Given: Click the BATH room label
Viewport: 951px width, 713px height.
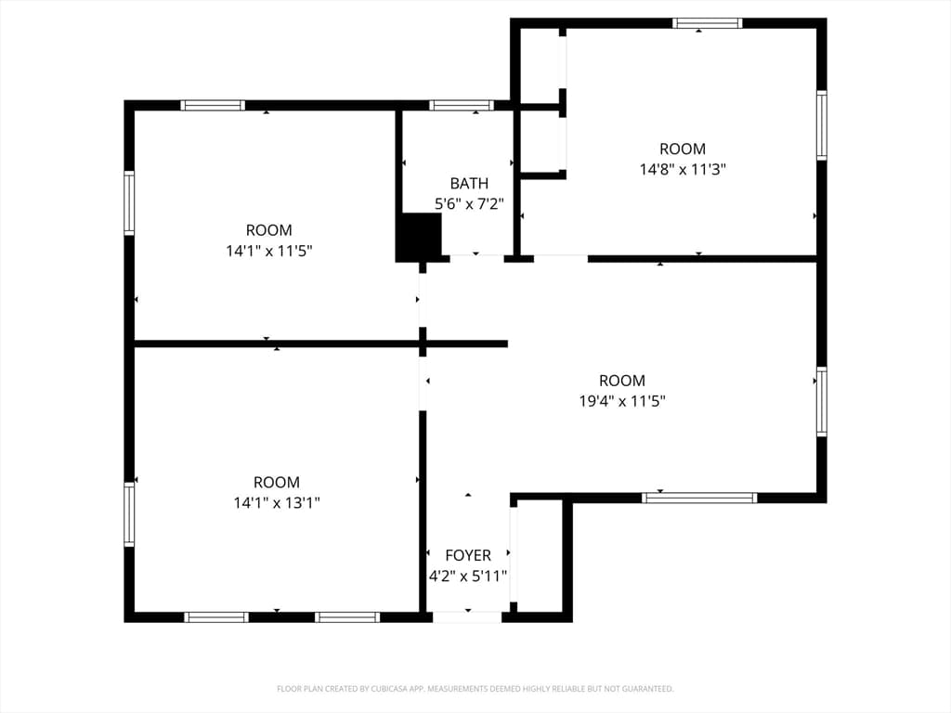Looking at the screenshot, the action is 469,183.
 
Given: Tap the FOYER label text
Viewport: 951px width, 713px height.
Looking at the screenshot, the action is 468,555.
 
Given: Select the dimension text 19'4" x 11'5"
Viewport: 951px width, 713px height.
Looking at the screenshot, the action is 622,401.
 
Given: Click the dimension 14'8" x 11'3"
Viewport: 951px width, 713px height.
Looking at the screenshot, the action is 683,169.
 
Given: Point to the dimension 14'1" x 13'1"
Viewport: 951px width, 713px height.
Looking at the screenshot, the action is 277,502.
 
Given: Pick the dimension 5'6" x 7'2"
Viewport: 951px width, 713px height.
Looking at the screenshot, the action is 469,203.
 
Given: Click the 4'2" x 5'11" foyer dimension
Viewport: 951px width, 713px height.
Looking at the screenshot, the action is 468,576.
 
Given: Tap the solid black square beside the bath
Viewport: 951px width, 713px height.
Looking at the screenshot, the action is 419,237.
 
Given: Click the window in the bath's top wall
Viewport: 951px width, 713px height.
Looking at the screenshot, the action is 462,106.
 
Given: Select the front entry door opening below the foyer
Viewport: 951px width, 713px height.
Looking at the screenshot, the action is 467,617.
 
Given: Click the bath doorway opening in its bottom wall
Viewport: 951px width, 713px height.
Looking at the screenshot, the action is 476,259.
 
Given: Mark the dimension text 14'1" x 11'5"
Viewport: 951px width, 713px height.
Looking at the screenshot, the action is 269,251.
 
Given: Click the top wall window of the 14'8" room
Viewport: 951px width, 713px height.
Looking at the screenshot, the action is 707,23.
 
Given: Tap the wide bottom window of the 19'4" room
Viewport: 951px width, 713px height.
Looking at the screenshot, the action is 699,498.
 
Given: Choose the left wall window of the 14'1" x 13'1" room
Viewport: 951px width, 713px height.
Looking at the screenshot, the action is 129,514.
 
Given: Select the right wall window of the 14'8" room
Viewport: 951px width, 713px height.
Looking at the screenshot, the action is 822,125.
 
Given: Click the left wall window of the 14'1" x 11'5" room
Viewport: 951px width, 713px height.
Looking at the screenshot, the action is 129,203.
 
